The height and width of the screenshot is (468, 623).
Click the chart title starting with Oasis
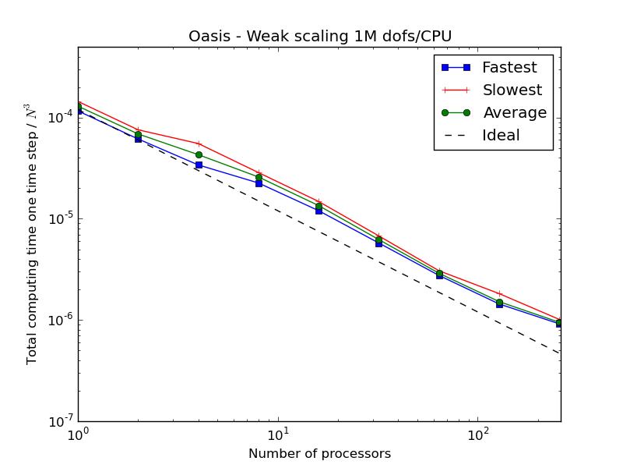click(x=320, y=37)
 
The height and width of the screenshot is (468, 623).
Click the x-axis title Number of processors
click(x=319, y=454)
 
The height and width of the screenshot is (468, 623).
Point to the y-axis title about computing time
click(x=32, y=234)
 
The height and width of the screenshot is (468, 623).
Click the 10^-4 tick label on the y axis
click(x=58, y=117)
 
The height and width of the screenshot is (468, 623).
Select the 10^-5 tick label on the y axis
click(x=58, y=218)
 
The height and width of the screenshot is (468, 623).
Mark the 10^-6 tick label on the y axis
click(x=58, y=320)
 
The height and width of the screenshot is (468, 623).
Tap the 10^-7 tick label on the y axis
click(x=58, y=421)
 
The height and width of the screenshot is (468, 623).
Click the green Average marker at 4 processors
click(x=199, y=154)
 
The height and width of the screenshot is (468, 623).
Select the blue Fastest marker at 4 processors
click(x=199, y=165)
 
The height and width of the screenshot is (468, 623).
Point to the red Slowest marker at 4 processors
click(x=199, y=144)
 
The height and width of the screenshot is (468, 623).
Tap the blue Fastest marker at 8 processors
click(x=259, y=183)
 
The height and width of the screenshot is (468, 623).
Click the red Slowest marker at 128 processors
click(x=500, y=293)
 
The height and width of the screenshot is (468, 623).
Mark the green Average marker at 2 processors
click(x=138, y=134)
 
